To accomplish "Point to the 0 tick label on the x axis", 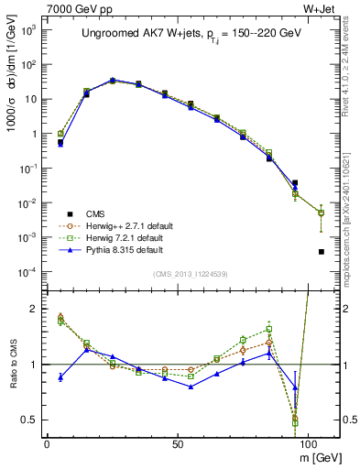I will point(47,442).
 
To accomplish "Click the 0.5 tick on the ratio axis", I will point(30,420).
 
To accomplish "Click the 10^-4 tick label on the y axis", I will point(27,272).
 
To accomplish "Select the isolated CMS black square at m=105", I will point(321,252).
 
